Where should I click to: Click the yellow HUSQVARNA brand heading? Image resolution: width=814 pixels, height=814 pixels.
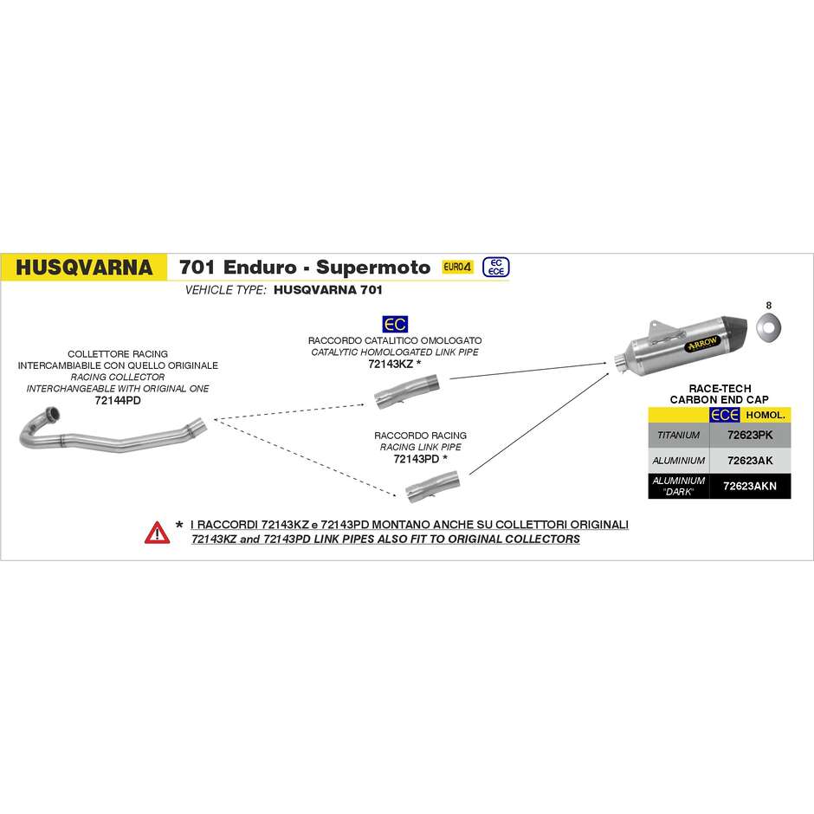pyautogui.click(x=84, y=268)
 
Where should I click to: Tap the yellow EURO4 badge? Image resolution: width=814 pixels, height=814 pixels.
pyautogui.click(x=457, y=267)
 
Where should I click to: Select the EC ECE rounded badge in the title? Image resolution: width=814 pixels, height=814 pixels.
pyautogui.click(x=496, y=267)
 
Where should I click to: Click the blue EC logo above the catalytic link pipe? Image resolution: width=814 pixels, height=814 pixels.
pyautogui.click(x=395, y=325)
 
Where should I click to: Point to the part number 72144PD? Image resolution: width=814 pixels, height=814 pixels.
pyautogui.click(x=118, y=400)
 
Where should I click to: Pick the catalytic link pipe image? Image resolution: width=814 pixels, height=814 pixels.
pyautogui.click(x=407, y=391)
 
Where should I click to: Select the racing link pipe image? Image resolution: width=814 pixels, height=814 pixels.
pyautogui.click(x=432, y=487)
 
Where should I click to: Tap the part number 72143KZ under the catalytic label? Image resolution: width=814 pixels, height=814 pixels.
pyautogui.click(x=391, y=364)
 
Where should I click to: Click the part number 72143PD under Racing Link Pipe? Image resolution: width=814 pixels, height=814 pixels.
pyautogui.click(x=417, y=459)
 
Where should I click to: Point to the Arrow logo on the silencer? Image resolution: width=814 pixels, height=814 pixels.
pyautogui.click(x=702, y=344)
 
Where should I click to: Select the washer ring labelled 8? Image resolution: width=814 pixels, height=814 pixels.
pyautogui.click(x=768, y=326)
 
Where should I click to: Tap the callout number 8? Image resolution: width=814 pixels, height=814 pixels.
pyautogui.click(x=769, y=305)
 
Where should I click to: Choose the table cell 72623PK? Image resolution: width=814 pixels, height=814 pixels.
pyautogui.click(x=750, y=435)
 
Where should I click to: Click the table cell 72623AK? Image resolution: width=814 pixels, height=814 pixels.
pyautogui.click(x=750, y=461)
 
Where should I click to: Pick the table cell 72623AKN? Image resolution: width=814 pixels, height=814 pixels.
pyautogui.click(x=750, y=486)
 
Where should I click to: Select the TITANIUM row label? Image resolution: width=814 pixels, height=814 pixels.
pyautogui.click(x=679, y=435)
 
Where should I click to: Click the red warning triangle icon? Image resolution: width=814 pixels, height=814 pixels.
pyautogui.click(x=157, y=533)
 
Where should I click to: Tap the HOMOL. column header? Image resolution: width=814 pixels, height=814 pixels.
pyautogui.click(x=766, y=415)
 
